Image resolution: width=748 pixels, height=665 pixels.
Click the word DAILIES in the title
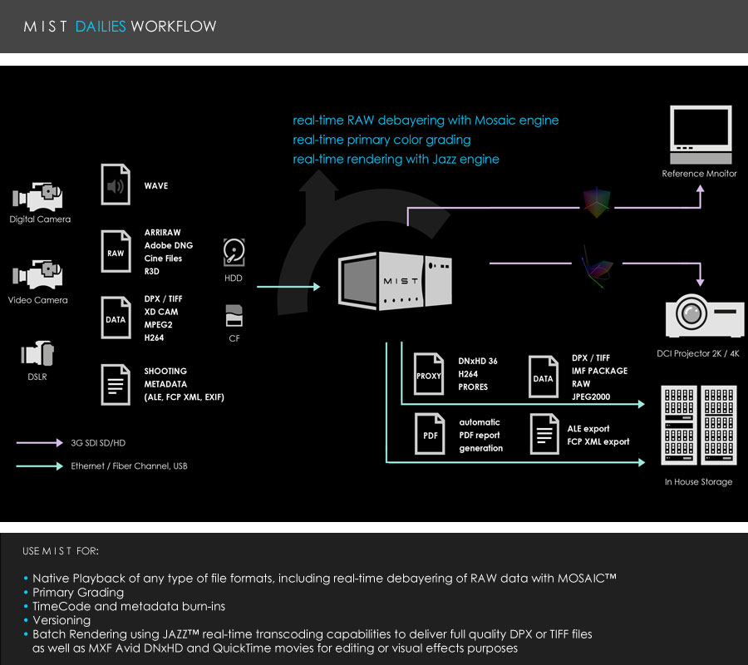(101, 27)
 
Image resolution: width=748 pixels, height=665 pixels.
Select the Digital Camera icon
(38, 196)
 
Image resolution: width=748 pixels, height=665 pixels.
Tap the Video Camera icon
(38, 276)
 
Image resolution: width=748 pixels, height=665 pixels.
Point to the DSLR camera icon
(38, 354)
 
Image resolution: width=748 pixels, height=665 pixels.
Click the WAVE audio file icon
(116, 185)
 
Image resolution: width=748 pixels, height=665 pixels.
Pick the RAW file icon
(116, 251)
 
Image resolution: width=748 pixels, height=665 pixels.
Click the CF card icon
(234, 316)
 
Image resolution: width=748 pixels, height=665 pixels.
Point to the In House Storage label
(698, 482)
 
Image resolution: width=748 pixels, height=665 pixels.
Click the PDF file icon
(429, 435)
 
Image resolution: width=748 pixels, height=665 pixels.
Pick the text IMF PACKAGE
(599, 371)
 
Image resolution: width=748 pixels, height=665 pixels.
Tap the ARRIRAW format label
(162, 233)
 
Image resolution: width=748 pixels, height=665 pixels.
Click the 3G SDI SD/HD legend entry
(98, 443)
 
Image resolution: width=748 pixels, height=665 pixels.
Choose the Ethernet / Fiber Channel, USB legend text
(129, 466)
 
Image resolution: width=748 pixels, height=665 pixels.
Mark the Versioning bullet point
(62, 620)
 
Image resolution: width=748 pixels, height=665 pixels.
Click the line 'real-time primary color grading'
(381, 140)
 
